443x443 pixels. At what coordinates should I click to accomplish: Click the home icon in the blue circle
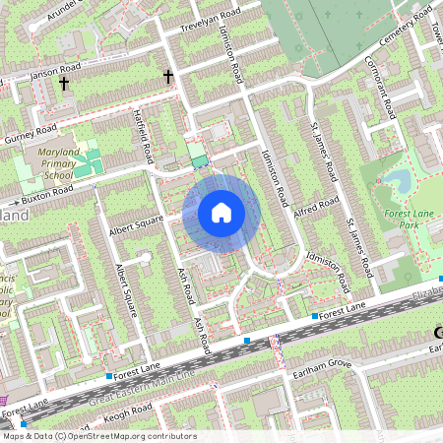click(221, 212)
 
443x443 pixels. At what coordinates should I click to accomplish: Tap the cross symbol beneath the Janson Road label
click(65, 85)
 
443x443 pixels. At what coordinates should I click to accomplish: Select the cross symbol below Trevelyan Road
click(168, 76)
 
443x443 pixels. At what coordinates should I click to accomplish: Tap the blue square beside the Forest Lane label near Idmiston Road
click(315, 316)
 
